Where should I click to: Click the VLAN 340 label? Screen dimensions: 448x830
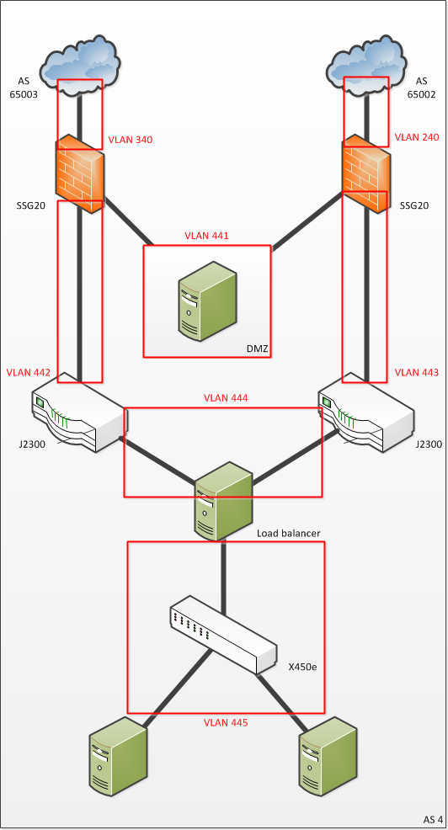pyautogui.click(x=131, y=141)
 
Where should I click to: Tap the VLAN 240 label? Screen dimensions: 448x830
pyautogui.click(x=417, y=137)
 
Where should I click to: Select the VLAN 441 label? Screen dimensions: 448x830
pyautogui.click(x=206, y=236)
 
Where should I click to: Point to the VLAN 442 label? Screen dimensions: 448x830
pyautogui.click(x=29, y=373)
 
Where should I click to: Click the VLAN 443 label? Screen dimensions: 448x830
pyautogui.click(x=417, y=373)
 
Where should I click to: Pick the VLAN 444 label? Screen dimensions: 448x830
pyautogui.click(x=226, y=398)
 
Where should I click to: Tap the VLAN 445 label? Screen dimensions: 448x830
pyautogui.click(x=227, y=722)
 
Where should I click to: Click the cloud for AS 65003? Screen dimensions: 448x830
pyautogui.click(x=81, y=66)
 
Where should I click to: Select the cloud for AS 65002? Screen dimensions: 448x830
pyautogui.click(x=367, y=65)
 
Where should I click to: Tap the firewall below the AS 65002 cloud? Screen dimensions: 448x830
pyautogui.click(x=366, y=173)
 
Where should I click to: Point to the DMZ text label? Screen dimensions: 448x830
pyautogui.click(x=257, y=349)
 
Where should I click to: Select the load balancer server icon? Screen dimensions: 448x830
pyautogui.click(x=222, y=501)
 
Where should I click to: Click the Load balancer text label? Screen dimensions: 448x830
pyautogui.click(x=289, y=533)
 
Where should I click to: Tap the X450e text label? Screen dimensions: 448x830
pyautogui.click(x=302, y=667)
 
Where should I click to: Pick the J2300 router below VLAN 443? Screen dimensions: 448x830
pyautogui.click(x=366, y=412)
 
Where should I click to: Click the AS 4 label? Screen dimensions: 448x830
pyautogui.click(x=433, y=819)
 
